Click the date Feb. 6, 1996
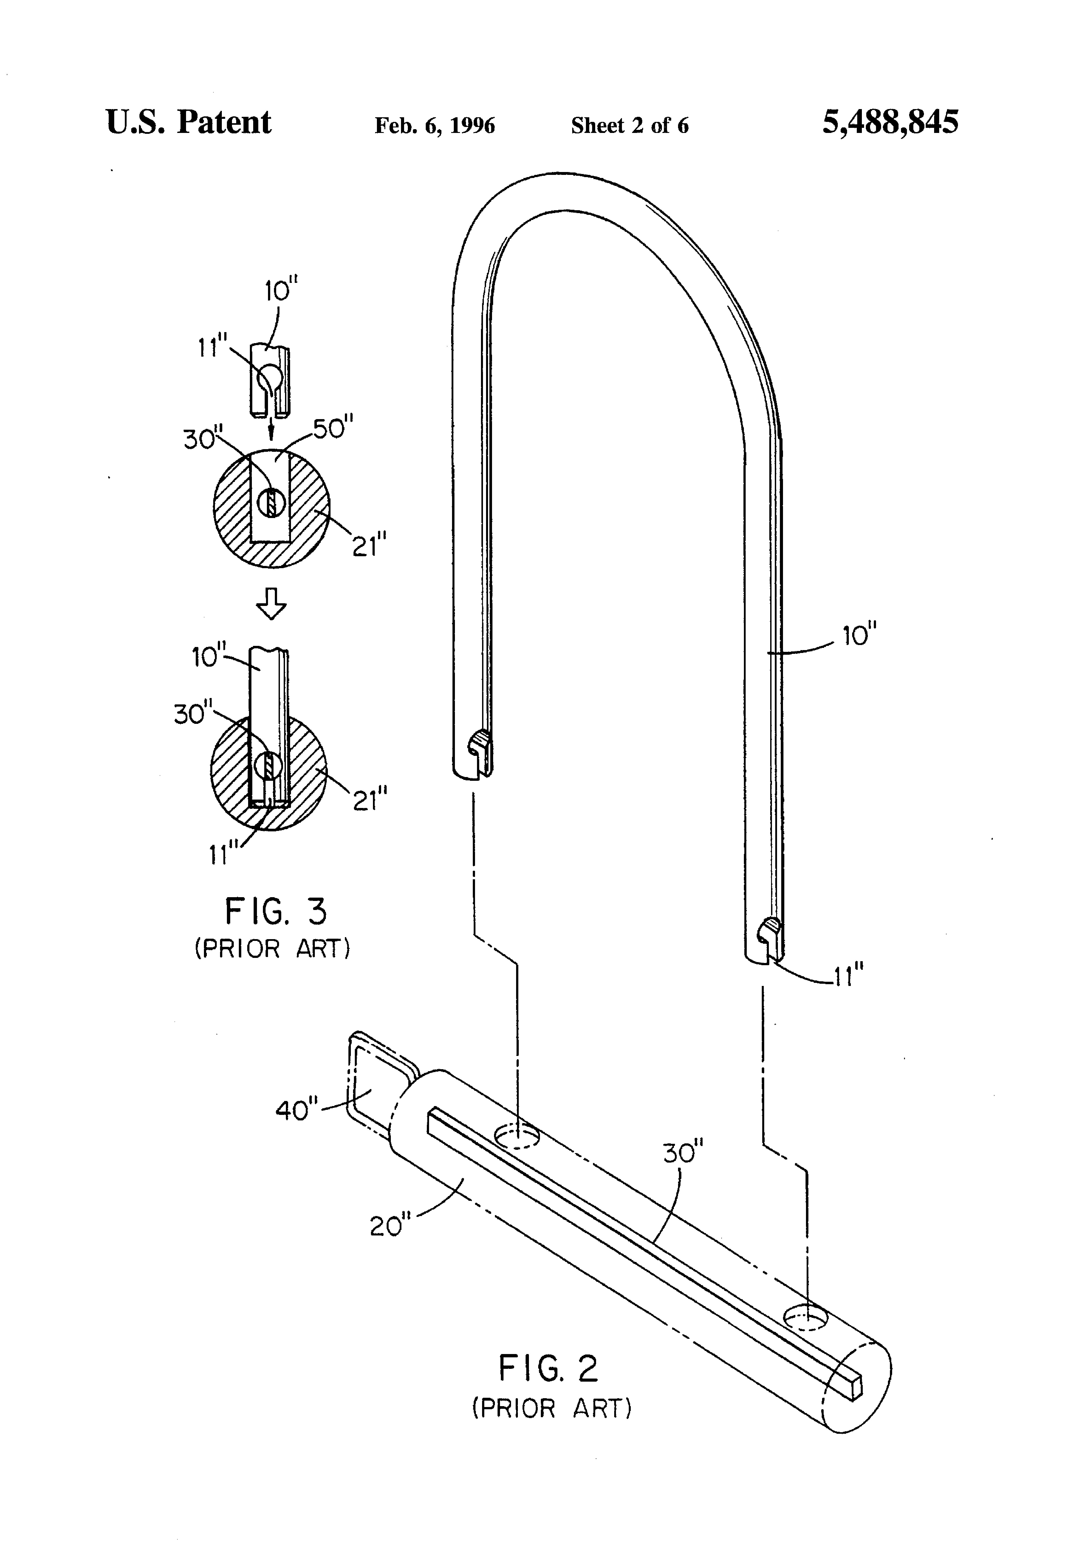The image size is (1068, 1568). click(x=435, y=125)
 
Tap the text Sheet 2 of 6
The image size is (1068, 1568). click(x=630, y=125)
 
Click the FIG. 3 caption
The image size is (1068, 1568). click(x=276, y=912)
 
